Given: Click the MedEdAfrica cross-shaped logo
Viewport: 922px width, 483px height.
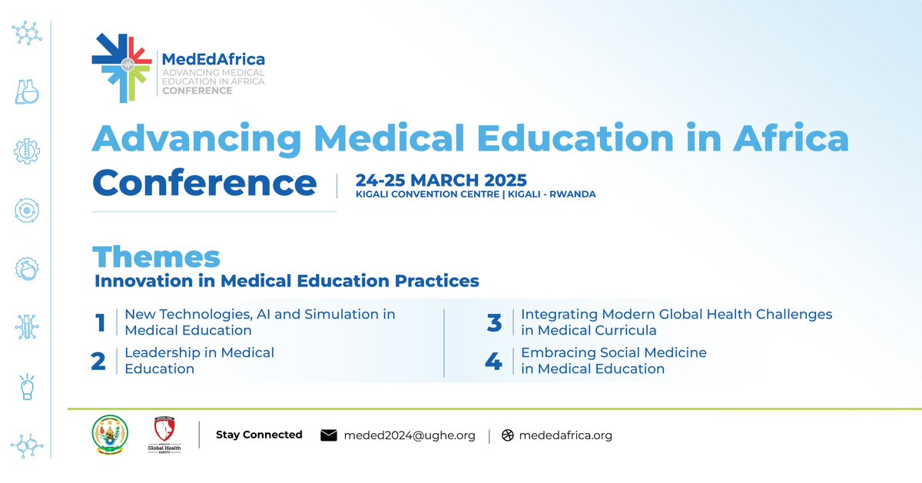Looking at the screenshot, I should [x=121, y=68].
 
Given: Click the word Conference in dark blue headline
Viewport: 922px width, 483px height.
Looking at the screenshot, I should [x=204, y=184].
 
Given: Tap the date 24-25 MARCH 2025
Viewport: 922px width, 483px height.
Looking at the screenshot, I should [x=441, y=180].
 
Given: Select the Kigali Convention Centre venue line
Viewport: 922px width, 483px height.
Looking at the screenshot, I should [x=476, y=194].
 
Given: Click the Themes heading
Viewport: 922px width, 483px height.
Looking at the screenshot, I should [x=156, y=256].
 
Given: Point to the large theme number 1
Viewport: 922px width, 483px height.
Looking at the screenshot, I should [x=100, y=323].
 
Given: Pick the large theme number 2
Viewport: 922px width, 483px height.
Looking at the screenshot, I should [x=98, y=361].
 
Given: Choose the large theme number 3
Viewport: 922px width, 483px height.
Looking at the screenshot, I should [x=494, y=323].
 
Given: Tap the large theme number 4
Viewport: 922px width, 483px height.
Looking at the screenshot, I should [x=493, y=361].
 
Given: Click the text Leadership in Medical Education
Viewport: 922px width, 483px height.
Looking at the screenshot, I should [x=199, y=361].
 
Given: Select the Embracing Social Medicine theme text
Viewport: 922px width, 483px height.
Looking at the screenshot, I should [x=613, y=361].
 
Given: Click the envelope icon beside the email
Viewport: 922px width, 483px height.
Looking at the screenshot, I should [x=329, y=435].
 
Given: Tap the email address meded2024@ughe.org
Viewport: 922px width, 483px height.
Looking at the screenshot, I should [x=410, y=435].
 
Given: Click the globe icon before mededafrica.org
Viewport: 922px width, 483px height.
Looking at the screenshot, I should [x=507, y=435].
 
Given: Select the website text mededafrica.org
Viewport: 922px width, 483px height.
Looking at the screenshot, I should [x=565, y=435].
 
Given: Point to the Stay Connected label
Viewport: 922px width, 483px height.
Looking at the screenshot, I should [x=259, y=435].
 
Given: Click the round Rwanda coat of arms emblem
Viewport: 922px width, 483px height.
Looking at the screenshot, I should [x=105, y=434].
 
